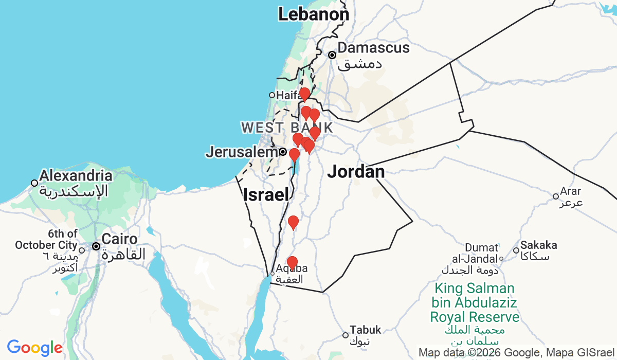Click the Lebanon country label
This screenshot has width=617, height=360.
pyautogui.click(x=313, y=14)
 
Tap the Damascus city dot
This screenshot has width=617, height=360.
pyautogui.click(x=333, y=55)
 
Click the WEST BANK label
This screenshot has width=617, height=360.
pyautogui.click(x=286, y=127)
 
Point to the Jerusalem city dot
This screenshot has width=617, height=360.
pyautogui.click(x=283, y=152)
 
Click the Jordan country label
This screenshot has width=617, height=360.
pyautogui.click(x=356, y=171)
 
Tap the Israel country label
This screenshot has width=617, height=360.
pyautogui.click(x=265, y=194)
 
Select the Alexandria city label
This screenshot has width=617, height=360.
pyautogui.click(x=76, y=176)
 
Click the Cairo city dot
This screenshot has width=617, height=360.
pyautogui.click(x=96, y=246)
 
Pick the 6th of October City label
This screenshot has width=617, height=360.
pyautogui.click(x=46, y=239)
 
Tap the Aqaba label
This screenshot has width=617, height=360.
pyautogui.click(x=292, y=268)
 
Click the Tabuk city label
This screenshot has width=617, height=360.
pyautogui.click(x=365, y=330)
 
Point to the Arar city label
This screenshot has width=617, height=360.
pyautogui.click(x=571, y=191)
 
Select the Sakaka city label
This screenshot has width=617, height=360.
pyautogui.click(x=538, y=245)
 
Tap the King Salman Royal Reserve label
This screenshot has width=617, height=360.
pyautogui.click(x=475, y=302)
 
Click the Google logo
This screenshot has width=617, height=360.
pyautogui.click(x=34, y=348)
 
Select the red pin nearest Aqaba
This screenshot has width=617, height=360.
pyautogui.click(x=292, y=263)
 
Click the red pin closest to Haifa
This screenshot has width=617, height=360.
pyautogui.click(x=304, y=94)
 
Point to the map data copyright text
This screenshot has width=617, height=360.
pyautogui.click(x=516, y=353)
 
